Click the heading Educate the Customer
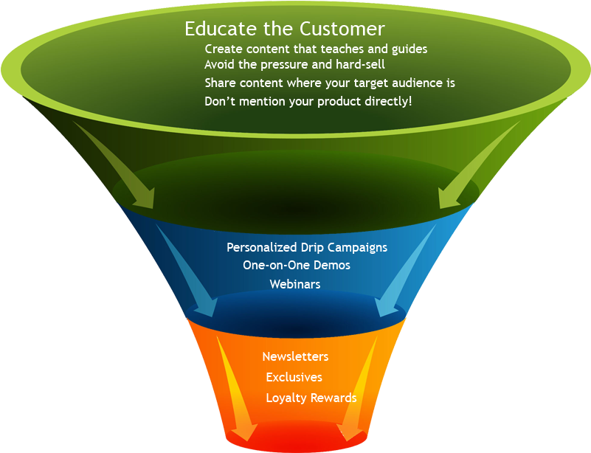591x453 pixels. click(x=284, y=29)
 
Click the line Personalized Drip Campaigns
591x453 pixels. click(x=306, y=247)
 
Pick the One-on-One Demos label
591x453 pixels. click(x=296, y=265)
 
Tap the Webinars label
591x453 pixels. click(x=294, y=284)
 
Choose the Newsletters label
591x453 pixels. click(x=295, y=356)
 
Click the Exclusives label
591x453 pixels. click(x=294, y=377)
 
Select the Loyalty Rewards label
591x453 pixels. click(x=311, y=398)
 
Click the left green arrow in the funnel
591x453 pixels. click(x=118, y=162)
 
